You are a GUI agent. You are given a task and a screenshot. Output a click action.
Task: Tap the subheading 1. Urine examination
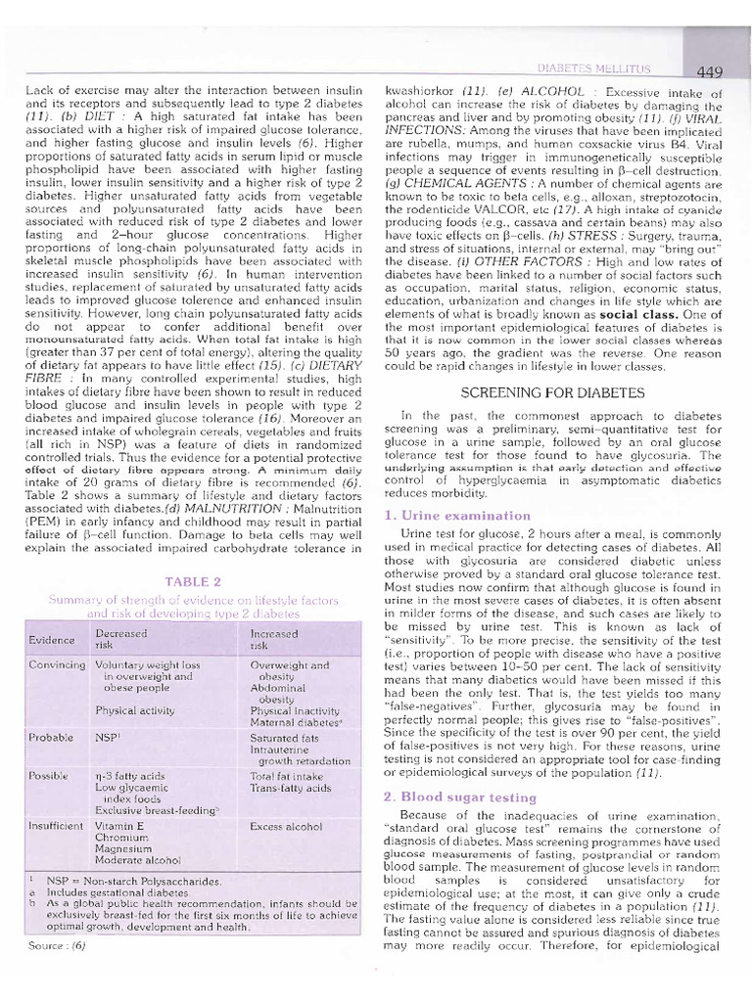(x=444, y=515)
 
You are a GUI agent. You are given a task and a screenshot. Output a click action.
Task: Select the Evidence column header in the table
(x=50, y=640)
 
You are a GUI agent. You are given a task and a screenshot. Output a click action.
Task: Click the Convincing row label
(x=57, y=664)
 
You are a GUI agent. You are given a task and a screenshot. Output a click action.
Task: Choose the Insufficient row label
(x=57, y=826)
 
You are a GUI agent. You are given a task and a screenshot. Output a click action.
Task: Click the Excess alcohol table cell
(x=286, y=827)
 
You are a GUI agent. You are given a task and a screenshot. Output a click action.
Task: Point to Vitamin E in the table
(x=120, y=826)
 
